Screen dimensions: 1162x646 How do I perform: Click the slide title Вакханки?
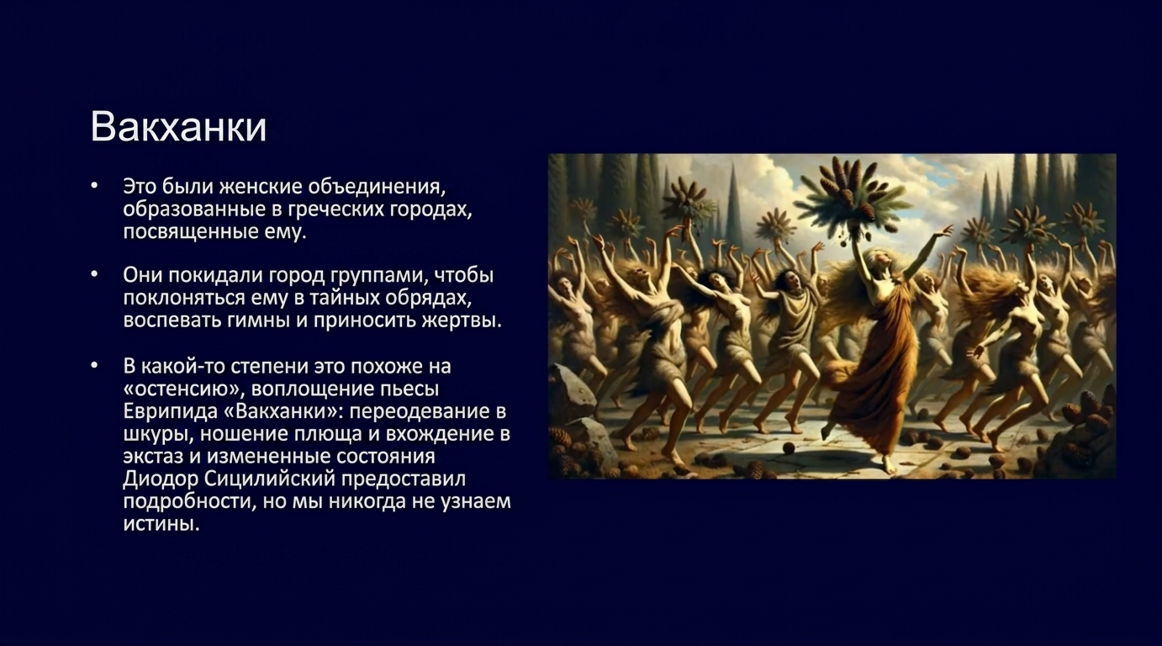pyautogui.click(x=178, y=127)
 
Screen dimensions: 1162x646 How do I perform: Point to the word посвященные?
pyautogui.click(x=190, y=232)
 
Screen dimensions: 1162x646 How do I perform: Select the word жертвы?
pyautogui.click(x=461, y=320)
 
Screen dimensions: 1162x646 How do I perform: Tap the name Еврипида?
pyautogui.click(x=170, y=411)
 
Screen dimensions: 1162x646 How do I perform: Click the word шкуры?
pyautogui.click(x=158, y=434)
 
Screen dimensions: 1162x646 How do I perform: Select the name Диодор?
pyautogui.click(x=161, y=479)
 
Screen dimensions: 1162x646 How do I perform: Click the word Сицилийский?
pyautogui.click(x=270, y=479)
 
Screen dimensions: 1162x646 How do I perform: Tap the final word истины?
pyautogui.click(x=161, y=523)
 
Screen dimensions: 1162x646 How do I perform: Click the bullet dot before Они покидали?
pyautogui.click(x=94, y=273)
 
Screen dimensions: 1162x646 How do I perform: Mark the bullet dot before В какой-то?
pyautogui.click(x=94, y=365)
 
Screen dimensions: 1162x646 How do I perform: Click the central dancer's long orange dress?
pyautogui.click(x=871, y=373)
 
